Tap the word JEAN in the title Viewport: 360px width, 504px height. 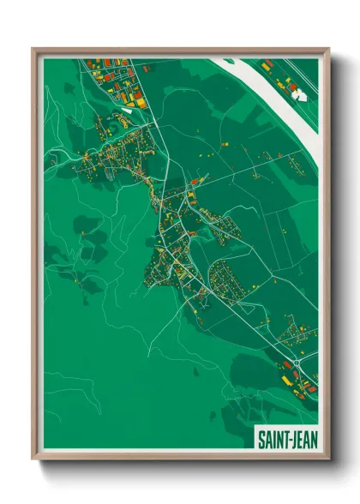coord(302,440)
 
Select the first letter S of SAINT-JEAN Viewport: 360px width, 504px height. coord(261,440)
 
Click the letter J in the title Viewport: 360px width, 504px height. coord(293,440)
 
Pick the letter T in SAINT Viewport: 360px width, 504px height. coord(284,440)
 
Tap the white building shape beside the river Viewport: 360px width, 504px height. coord(300,95)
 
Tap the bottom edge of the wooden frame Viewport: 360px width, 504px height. coord(180,458)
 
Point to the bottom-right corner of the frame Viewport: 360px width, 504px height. coord(327,458)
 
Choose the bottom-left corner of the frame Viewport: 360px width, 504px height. coord(35,458)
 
